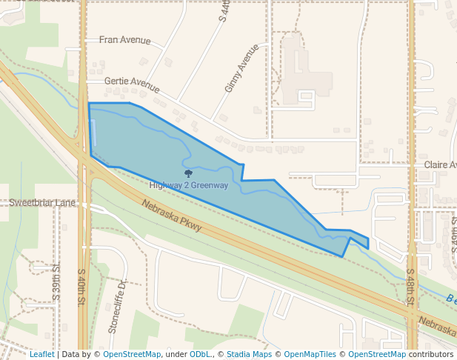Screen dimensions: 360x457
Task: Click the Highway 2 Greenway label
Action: click(188, 185)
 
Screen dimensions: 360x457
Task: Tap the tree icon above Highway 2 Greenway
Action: click(188, 173)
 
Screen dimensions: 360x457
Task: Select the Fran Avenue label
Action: click(124, 41)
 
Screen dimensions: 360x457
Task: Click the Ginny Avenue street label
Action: click(241, 68)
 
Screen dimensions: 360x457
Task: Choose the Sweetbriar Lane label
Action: click(42, 202)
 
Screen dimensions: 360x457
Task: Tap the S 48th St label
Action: click(410, 284)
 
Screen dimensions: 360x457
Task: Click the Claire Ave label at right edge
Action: click(440, 164)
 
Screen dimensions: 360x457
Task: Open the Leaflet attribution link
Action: click(41, 354)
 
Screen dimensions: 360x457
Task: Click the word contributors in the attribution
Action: click(431, 354)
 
